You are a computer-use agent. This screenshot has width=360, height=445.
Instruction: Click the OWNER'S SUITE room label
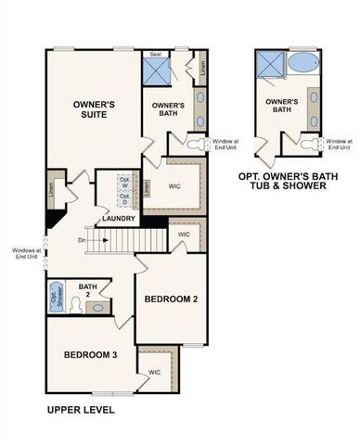[x=93, y=111]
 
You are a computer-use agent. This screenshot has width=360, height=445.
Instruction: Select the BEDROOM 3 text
[x=90, y=355]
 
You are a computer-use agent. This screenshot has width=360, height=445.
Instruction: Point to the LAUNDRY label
[x=121, y=219]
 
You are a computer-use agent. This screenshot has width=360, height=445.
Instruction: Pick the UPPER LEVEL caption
[x=80, y=409]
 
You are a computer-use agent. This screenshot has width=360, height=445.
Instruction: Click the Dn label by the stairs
[x=83, y=241]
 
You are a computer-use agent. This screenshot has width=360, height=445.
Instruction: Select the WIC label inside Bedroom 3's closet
[x=154, y=373]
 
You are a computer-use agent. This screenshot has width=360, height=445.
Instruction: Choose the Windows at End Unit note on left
[x=25, y=252]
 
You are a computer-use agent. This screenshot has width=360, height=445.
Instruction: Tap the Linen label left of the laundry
[x=50, y=188]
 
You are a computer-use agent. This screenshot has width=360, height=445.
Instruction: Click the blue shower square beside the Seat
[x=155, y=72]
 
